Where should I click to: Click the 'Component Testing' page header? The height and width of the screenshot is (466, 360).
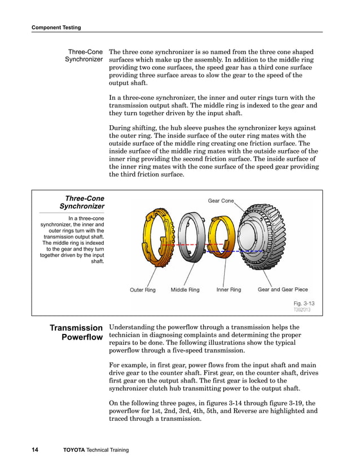point(56,27)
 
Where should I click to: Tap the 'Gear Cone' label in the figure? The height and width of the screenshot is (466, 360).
point(221,201)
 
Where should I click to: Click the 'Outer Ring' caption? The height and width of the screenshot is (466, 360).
point(143,290)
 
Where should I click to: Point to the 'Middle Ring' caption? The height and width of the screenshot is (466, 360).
point(185,290)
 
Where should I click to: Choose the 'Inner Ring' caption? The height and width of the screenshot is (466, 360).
point(229,290)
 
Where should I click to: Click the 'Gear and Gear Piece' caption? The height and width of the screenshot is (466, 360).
point(283,290)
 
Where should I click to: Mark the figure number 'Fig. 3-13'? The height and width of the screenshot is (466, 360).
point(304,303)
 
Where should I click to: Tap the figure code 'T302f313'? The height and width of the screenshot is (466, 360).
point(302,310)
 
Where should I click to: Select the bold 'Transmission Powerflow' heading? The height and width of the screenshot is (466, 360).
point(76,332)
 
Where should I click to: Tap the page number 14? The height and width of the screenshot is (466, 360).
point(35,450)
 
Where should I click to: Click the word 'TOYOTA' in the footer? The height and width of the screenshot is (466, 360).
point(74,450)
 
